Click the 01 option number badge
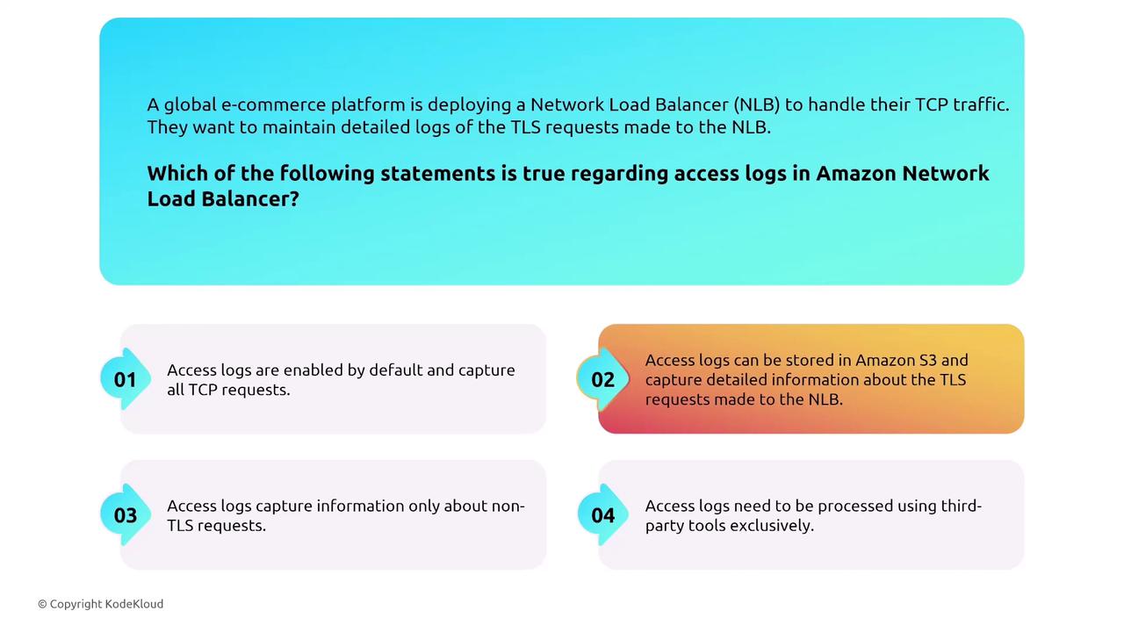click(x=126, y=379)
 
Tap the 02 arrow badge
click(x=602, y=379)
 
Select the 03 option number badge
click(x=126, y=514)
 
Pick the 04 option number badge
click(x=602, y=514)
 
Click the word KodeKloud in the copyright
click(x=134, y=604)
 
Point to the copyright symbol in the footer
click(x=42, y=605)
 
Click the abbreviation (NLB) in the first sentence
click(x=757, y=104)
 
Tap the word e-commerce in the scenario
click(x=273, y=104)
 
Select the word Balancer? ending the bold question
click(x=250, y=198)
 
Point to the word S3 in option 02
click(x=928, y=360)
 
